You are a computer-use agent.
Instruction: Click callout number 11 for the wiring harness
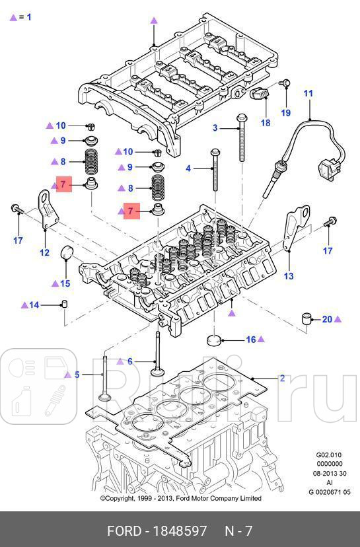pyautogui.click(x=308, y=94)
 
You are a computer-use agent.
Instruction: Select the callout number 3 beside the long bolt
pyautogui.click(x=215, y=128)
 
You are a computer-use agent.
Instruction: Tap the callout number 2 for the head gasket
pyautogui.click(x=282, y=379)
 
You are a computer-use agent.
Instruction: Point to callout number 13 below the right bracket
pyautogui.click(x=288, y=276)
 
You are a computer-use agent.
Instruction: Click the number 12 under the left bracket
pyautogui.click(x=44, y=252)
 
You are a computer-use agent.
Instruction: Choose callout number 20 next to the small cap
pyautogui.click(x=327, y=320)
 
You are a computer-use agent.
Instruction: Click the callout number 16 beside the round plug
pyautogui.click(x=250, y=340)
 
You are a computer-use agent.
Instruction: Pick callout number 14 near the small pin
pyautogui.click(x=34, y=305)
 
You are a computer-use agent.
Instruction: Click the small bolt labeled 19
pyautogui.click(x=285, y=83)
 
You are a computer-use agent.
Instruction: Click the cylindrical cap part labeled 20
pyautogui.click(x=306, y=320)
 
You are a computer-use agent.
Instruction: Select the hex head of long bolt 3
pyautogui.click(x=240, y=119)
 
